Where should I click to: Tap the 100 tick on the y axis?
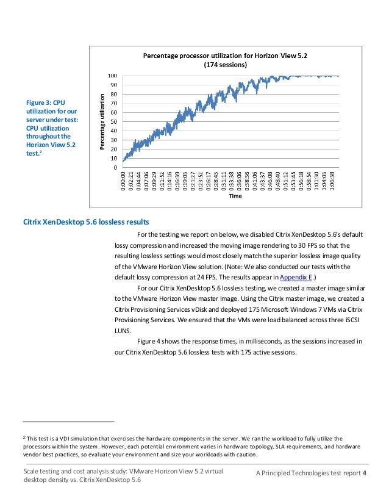tap(113, 76)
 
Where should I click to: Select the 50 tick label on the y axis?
tap(115, 121)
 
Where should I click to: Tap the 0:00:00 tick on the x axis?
tap(124, 181)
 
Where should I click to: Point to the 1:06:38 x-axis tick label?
tap(333, 181)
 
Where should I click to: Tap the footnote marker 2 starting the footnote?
tap(24, 437)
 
